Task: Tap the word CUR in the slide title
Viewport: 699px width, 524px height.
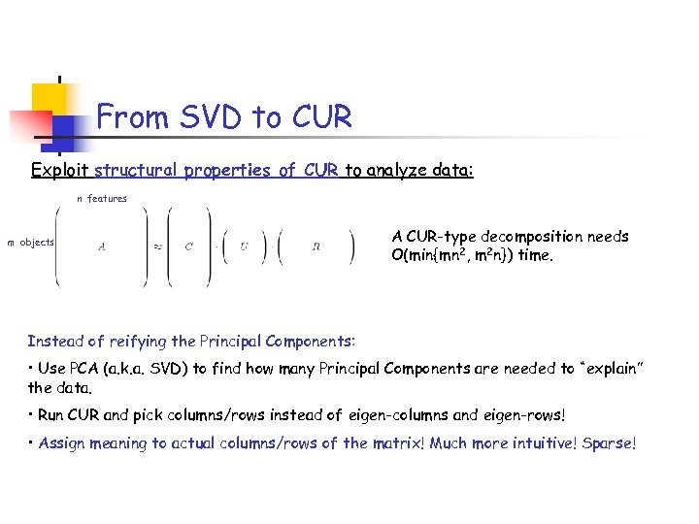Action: [318, 118]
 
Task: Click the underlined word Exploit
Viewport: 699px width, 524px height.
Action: [60, 171]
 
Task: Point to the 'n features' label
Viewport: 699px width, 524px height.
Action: [102, 199]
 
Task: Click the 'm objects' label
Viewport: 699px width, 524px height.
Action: [31, 242]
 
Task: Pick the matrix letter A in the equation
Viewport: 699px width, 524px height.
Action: [102, 246]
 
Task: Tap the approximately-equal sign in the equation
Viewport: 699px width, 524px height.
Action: [157, 246]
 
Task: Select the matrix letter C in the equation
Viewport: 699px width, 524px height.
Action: [188, 246]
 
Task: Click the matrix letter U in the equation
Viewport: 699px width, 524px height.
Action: [244, 246]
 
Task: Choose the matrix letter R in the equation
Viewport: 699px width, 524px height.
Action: [316, 246]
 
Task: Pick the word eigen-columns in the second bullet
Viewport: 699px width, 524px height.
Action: [391, 415]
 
